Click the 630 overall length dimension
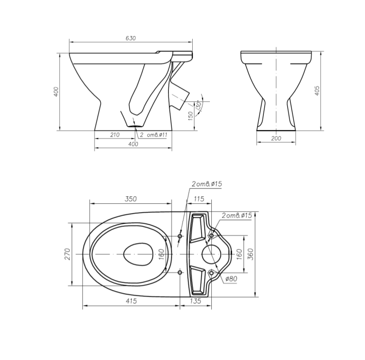pyautogui.click(x=131, y=38)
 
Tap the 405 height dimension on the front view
pyautogui.click(x=317, y=91)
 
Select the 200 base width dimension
pyautogui.click(x=276, y=138)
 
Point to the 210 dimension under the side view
pyautogui.click(x=115, y=135)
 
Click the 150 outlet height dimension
pyautogui.click(x=190, y=116)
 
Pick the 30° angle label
pyautogui.click(x=198, y=105)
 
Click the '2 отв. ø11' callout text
pyautogui.click(x=154, y=135)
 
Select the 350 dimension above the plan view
pyautogui.click(x=131, y=199)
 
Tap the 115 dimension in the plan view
pyautogui.click(x=199, y=199)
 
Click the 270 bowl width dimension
pyautogui.click(x=67, y=254)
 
